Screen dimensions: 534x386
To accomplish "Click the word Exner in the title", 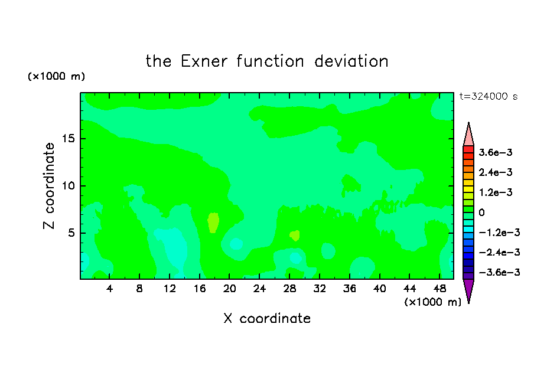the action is (204, 61).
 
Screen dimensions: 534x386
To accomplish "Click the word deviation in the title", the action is (351, 61).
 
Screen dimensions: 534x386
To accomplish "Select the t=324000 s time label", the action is (489, 97).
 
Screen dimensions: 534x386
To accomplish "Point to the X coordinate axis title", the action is (267, 319).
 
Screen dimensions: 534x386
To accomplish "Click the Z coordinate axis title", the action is (49, 186).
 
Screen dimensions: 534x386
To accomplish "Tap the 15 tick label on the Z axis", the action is (69, 139).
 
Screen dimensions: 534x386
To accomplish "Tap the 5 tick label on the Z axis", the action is (71, 233).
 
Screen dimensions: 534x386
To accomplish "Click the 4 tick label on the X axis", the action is (109, 289).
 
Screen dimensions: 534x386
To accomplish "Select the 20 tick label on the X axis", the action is (229, 289).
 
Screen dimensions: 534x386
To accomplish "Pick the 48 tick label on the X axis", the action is (439, 289).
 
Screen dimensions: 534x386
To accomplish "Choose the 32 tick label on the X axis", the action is (320, 289).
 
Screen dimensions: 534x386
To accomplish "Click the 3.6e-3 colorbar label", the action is (496, 152).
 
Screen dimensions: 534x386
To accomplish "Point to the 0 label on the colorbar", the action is (481, 212).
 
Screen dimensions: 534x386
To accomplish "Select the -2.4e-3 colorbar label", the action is (499, 252).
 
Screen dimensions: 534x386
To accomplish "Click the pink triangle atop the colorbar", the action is (468, 134).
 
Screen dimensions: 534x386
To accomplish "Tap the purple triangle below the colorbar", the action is (468, 291).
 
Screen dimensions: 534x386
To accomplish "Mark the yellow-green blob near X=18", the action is (213, 223).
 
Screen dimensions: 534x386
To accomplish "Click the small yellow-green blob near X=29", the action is (295, 235).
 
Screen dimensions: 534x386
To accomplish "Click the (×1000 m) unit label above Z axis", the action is (56, 76).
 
